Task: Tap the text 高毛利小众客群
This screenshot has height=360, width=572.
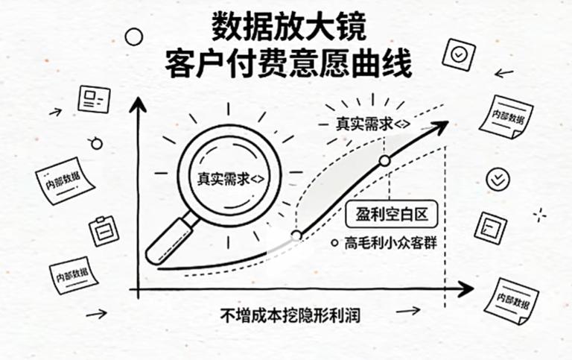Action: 393,241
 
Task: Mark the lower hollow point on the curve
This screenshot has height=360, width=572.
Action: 296,235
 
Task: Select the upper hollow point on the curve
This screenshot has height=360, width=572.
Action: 384,160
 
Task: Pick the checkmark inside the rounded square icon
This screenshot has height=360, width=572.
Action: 457,54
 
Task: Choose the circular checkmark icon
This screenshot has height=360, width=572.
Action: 498,179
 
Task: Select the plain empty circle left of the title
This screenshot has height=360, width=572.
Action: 133,36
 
